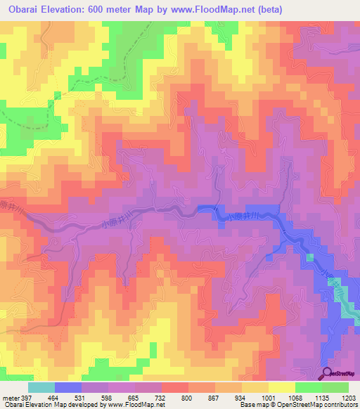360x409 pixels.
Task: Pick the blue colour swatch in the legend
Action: point(68,387)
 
